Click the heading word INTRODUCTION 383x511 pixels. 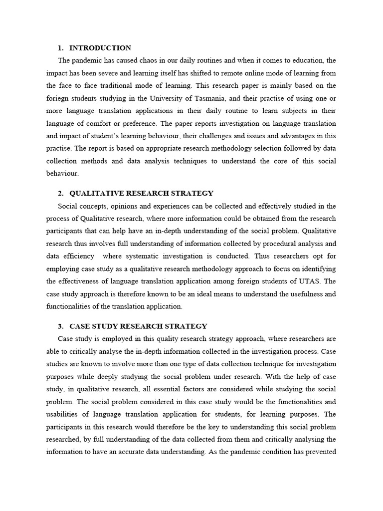click(100, 48)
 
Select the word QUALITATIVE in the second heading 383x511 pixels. click(98, 193)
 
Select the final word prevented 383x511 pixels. click(321, 452)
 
